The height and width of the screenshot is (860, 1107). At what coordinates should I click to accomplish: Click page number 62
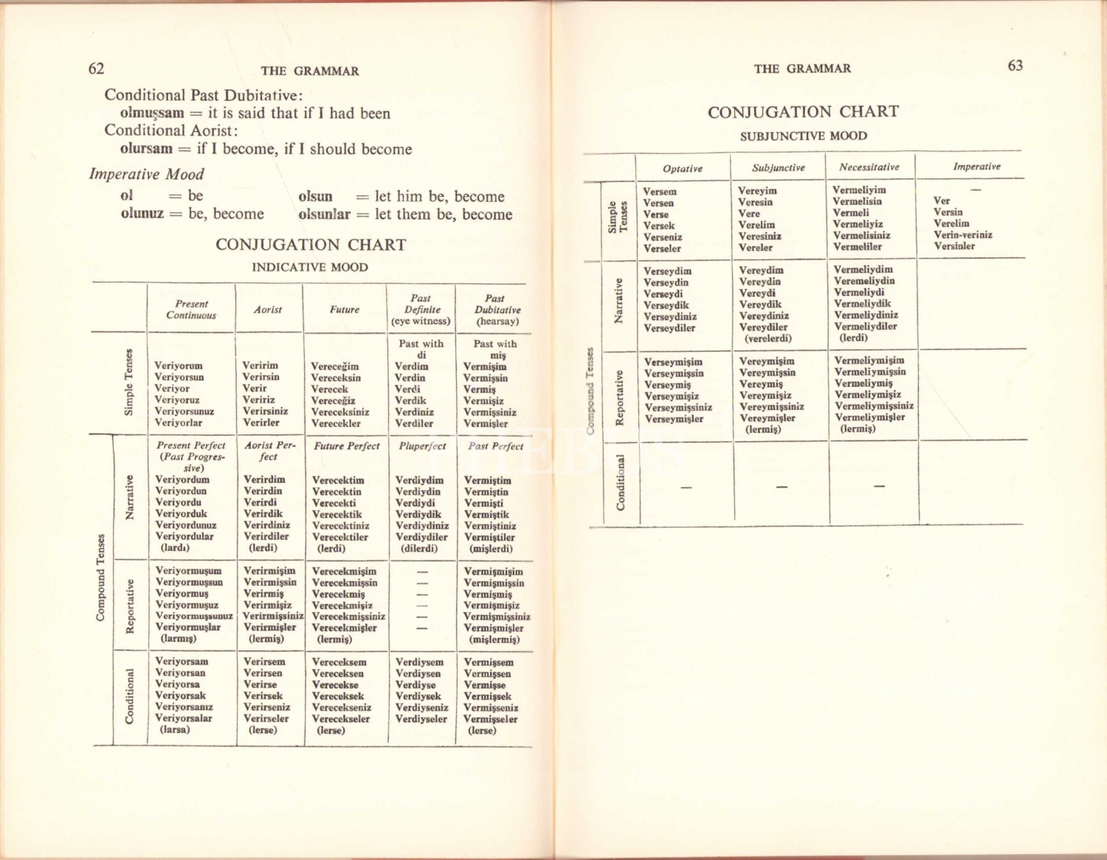[96, 69]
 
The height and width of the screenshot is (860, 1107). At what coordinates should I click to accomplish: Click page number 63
[1015, 66]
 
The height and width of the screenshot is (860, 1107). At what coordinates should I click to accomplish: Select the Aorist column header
[268, 310]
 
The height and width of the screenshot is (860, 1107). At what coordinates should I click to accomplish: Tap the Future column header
[345, 310]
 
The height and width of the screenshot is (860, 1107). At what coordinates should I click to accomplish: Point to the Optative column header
[683, 168]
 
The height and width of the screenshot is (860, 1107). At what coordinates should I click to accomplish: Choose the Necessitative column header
[869, 167]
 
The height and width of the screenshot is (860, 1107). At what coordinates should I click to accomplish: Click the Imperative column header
[976, 167]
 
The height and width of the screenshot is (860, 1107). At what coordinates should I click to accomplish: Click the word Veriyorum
[179, 366]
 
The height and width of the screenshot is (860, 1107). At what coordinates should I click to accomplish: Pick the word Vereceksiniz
[340, 412]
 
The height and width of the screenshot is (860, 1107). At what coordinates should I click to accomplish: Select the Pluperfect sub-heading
[422, 446]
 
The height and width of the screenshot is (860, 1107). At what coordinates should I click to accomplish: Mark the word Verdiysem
[420, 662]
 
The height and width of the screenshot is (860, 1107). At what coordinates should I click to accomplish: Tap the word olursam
[146, 148]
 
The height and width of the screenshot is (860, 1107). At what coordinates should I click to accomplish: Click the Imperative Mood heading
[146, 174]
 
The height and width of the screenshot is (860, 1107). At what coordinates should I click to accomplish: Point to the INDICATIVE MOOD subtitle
[310, 267]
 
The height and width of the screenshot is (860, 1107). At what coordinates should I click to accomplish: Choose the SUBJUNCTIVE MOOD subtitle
[804, 136]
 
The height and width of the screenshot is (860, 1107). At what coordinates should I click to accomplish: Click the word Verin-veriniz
[963, 235]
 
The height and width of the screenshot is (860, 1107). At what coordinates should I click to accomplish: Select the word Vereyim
[757, 190]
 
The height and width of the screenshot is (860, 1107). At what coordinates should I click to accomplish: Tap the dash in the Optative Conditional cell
[686, 487]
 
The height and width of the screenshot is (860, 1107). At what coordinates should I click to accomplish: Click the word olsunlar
[324, 215]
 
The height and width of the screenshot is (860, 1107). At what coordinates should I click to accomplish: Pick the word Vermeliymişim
[869, 361]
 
